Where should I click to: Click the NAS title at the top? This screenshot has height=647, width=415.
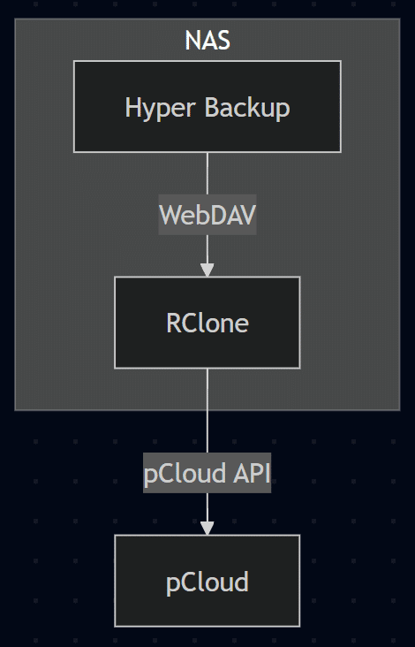point(207,41)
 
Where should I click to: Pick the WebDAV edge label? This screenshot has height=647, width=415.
point(207,215)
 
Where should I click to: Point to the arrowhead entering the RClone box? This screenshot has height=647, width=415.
point(207,269)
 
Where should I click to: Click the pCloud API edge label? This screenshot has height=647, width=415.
point(207,474)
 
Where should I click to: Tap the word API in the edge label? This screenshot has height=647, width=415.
point(253,474)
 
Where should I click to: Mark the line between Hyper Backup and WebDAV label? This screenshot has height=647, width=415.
point(207,172)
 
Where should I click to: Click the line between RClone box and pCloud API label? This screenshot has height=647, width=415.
point(207,411)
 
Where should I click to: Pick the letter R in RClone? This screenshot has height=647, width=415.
point(174,323)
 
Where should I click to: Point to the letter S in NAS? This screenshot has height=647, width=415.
point(223,41)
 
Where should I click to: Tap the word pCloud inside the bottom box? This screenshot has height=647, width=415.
point(207,582)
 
